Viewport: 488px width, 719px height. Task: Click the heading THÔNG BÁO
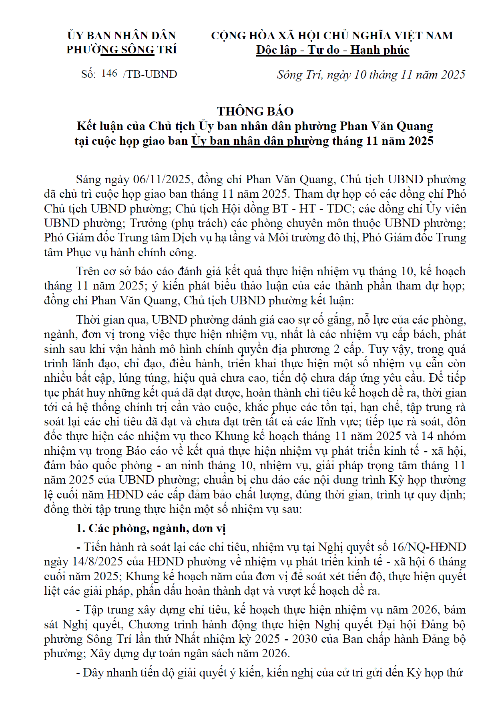pos(255,111)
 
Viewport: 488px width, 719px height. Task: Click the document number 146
pos(109,73)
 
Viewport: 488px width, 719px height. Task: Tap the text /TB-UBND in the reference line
pos(150,74)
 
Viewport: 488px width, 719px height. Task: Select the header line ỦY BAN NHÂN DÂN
pos(121,36)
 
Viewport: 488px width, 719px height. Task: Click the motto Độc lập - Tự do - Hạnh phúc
pos(332,50)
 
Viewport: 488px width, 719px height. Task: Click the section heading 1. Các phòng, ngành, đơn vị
pos(151,528)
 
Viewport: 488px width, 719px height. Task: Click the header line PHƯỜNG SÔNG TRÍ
pos(121,50)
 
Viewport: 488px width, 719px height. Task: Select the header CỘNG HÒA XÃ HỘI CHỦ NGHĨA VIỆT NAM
pos(332,36)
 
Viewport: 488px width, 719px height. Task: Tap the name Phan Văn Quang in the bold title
pos(386,126)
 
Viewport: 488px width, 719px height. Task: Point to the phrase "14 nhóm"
pos(444,436)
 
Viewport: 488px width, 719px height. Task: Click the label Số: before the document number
pos(88,74)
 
